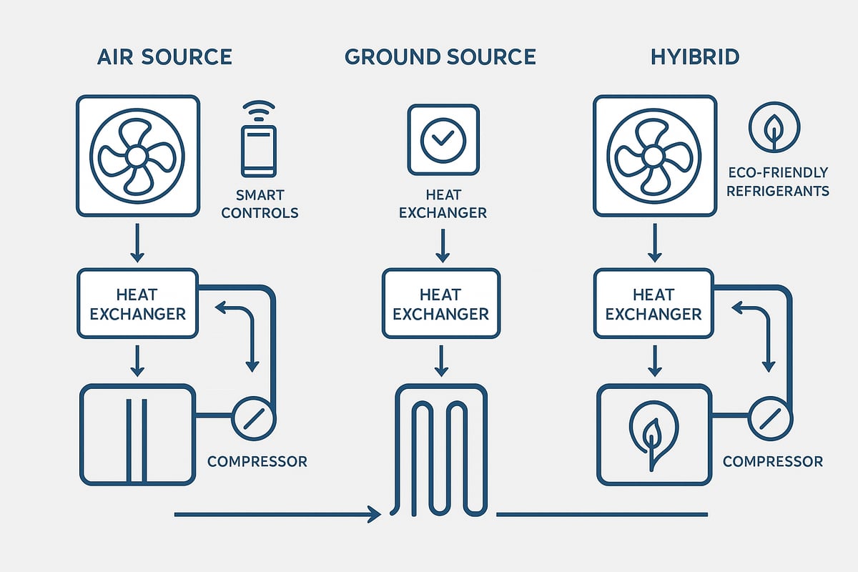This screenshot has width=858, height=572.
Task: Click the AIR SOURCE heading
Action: click(x=164, y=57)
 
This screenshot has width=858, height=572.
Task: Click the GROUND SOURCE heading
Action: click(x=440, y=57)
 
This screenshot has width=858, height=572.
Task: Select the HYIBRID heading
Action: click(x=694, y=57)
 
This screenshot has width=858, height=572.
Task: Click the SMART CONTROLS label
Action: click(x=260, y=204)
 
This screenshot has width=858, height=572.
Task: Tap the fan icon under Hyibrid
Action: click(x=654, y=156)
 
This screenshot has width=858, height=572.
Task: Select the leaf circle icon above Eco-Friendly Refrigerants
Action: click(x=774, y=127)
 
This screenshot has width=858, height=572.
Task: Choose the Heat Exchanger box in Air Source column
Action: click(x=137, y=303)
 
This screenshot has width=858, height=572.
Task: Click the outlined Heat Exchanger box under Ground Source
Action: click(x=441, y=303)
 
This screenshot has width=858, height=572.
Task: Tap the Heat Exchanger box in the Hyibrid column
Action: click(x=654, y=303)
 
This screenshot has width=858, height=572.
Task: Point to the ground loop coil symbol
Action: click(x=440, y=450)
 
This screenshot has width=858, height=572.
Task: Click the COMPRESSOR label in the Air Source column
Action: click(x=257, y=461)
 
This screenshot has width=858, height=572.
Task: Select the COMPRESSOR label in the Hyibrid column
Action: click(x=772, y=461)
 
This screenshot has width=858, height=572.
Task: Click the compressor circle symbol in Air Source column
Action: click(x=253, y=415)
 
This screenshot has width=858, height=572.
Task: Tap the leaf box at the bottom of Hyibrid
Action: click(x=654, y=435)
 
